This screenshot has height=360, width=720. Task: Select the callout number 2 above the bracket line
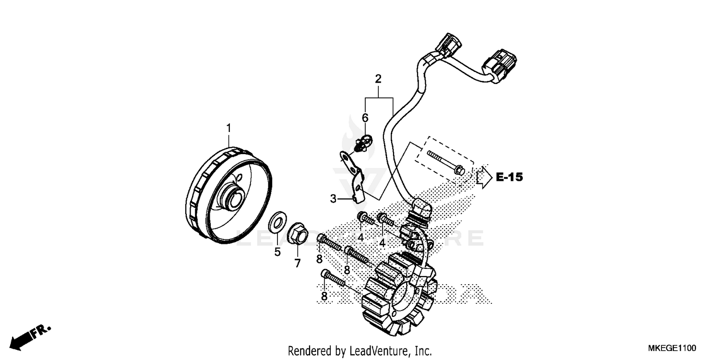[x=378, y=79]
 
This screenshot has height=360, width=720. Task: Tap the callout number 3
[x=333, y=197]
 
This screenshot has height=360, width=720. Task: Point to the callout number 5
[x=277, y=252]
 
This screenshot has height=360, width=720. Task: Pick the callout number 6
[x=365, y=118]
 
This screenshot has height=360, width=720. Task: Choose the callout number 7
[x=297, y=263]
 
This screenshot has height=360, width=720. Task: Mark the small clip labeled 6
[x=363, y=142]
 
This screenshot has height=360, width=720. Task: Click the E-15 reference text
[x=509, y=178]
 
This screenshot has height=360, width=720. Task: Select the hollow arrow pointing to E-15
[x=484, y=177]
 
